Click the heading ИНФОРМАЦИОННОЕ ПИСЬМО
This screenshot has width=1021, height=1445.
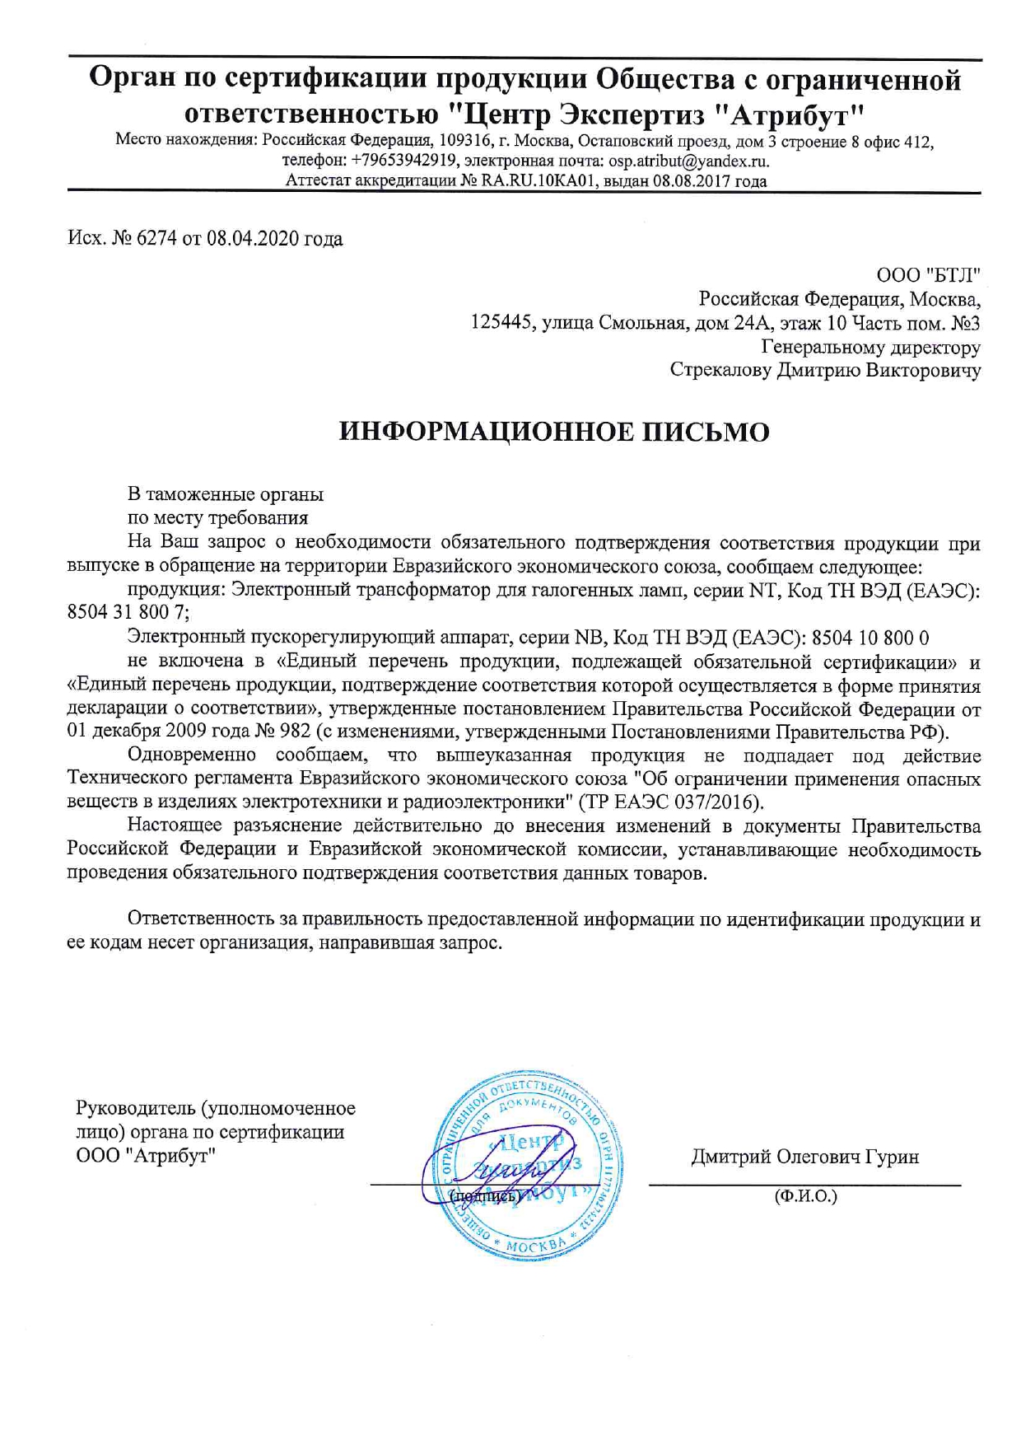click(554, 432)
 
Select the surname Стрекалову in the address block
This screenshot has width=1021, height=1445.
click(720, 370)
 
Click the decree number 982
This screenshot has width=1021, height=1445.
click(295, 732)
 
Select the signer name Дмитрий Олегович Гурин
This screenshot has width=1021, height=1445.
click(804, 1157)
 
